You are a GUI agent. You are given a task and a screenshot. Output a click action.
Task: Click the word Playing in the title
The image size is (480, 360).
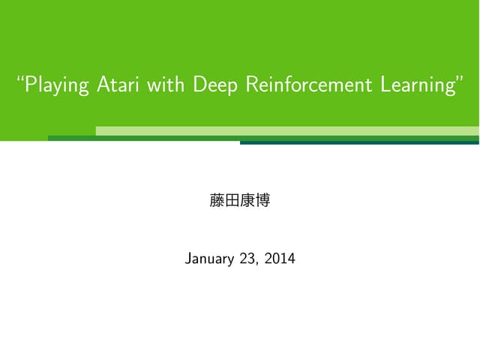click(58, 86)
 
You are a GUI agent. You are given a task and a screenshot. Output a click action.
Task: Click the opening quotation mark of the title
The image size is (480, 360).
click(21, 79)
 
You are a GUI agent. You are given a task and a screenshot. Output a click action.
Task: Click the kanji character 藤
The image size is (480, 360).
click(217, 201)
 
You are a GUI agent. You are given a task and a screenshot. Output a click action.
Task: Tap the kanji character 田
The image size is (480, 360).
click(232, 201)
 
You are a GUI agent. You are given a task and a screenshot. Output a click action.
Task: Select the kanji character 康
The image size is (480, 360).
click(247, 201)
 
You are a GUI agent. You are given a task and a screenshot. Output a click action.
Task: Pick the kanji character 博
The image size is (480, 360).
click(262, 201)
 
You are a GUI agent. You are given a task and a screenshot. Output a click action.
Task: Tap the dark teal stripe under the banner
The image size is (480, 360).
click(359, 142)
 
